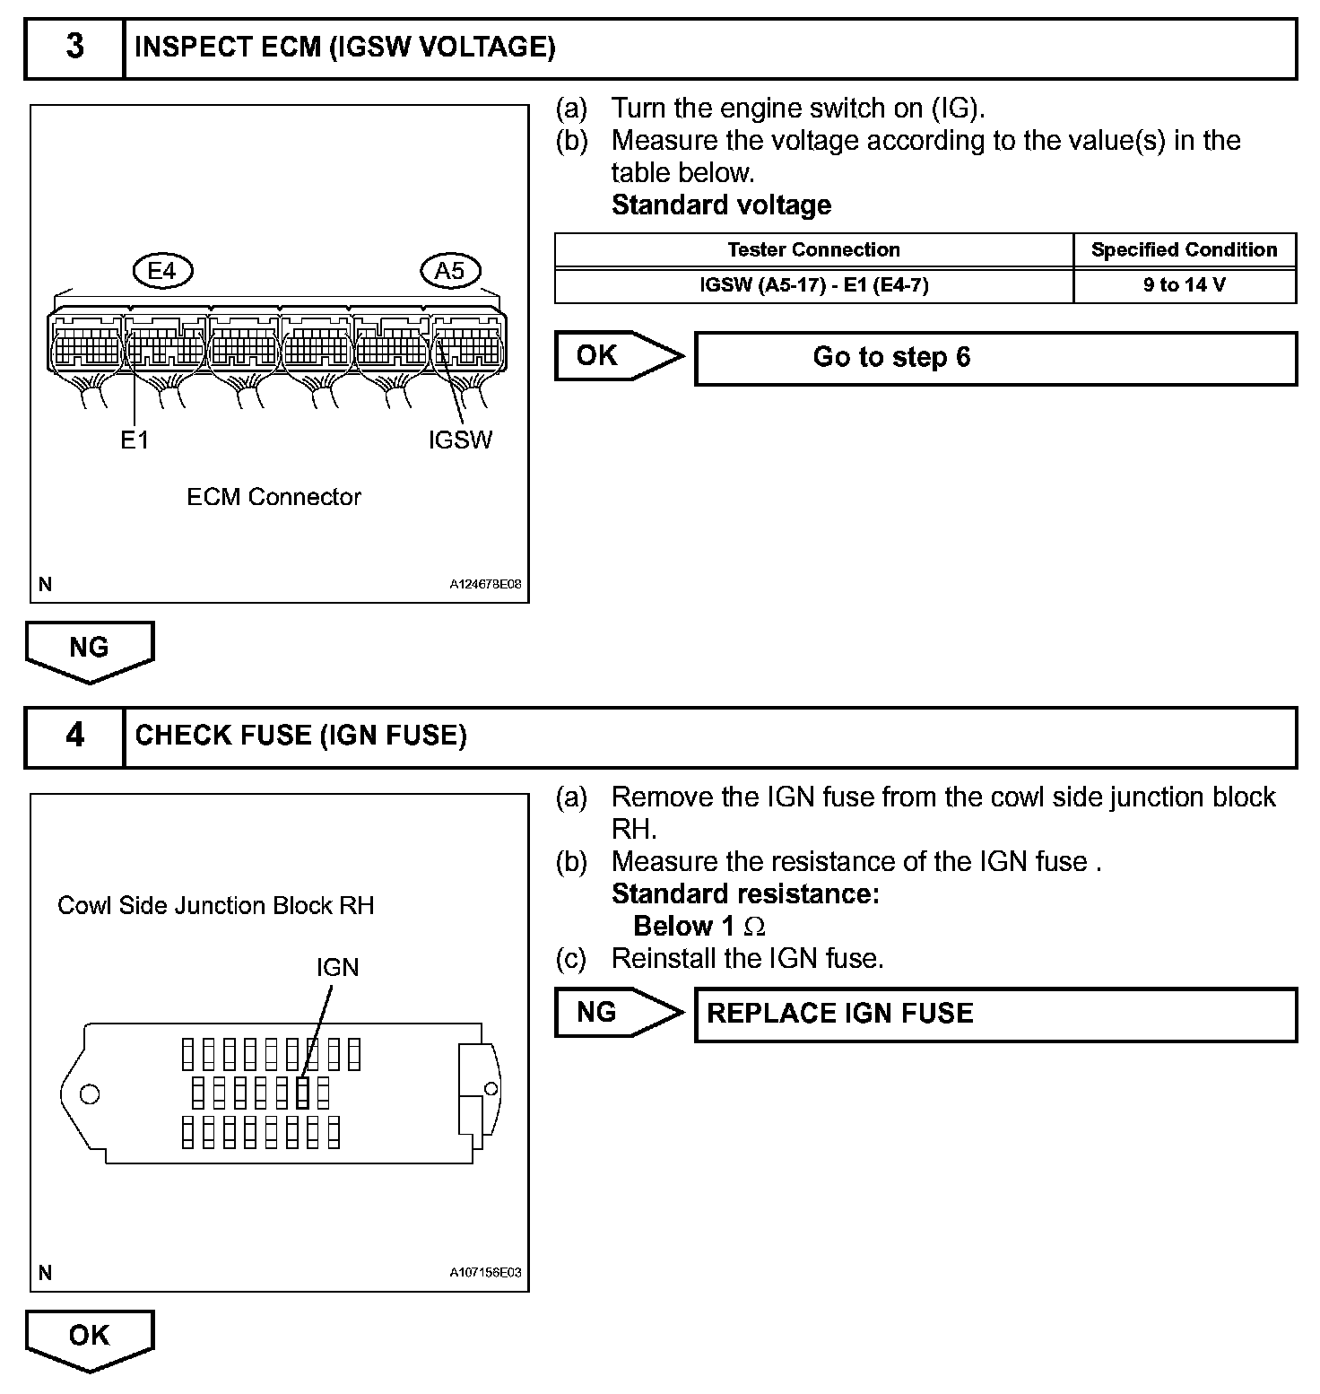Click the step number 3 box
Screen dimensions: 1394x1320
(74, 48)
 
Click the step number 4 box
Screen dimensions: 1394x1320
(74, 736)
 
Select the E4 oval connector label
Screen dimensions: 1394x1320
(162, 270)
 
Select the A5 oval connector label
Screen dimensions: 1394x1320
(450, 270)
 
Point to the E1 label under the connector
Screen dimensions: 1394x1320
(135, 440)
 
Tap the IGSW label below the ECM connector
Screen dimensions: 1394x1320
(460, 440)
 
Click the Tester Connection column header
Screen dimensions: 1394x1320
(813, 250)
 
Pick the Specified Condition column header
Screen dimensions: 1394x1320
(1184, 250)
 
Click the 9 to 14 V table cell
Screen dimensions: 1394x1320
(1184, 286)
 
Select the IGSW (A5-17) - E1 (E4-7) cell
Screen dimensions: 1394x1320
(813, 286)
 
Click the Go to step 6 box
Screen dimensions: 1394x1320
(995, 358)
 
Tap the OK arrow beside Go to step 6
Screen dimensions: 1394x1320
(614, 356)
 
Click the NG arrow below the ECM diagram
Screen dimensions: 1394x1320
(90, 649)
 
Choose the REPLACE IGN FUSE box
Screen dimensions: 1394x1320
(995, 1015)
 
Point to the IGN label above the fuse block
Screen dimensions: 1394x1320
(337, 967)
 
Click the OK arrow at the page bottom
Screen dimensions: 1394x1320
(90, 1337)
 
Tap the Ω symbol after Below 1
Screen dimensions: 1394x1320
(755, 927)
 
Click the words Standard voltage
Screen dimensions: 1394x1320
(721, 205)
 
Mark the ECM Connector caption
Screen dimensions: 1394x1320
(274, 497)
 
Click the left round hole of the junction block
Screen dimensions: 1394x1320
(90, 1093)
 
